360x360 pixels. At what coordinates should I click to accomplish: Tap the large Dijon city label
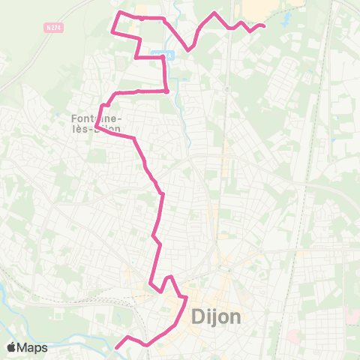tap(217, 316)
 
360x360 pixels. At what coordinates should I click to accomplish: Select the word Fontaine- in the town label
tap(95, 118)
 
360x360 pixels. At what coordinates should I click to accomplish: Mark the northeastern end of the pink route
tap(264, 26)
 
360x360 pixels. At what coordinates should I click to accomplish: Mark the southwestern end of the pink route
tap(116, 347)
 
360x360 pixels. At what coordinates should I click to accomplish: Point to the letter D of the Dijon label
tap(197, 316)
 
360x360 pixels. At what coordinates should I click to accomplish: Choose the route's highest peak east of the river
tap(215, 13)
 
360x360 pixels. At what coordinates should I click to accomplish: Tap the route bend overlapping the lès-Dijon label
tap(98, 128)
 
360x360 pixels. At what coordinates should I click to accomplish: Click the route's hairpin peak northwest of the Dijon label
tap(170, 277)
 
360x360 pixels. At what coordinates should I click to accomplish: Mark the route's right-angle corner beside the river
tap(166, 90)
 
